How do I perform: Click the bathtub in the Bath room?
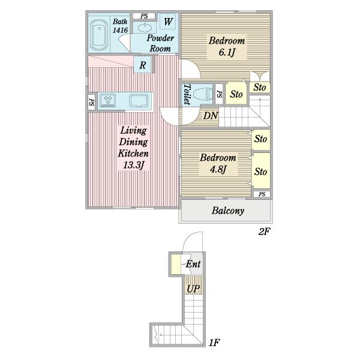pos(99,35)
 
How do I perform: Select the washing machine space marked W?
pos(168,22)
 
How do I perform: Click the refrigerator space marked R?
pos(142,65)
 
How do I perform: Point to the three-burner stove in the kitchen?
pos(108,100)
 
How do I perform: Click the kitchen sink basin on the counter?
pos(139,101)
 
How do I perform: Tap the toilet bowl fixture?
pos(203,94)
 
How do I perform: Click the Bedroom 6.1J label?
pos(227,46)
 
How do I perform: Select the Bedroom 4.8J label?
pos(218,163)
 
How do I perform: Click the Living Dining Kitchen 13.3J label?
pos(133,148)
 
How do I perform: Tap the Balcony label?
pos(228,211)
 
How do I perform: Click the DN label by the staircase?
pos(211,116)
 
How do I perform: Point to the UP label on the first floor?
pos(193,289)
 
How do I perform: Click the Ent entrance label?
pos(193,264)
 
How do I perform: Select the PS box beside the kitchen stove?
pos(92,102)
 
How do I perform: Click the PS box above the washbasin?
pos(144,16)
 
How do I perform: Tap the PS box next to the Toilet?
pos(219,94)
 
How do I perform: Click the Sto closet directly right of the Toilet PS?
pos(236,94)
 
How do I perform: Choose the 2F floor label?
pos(264,232)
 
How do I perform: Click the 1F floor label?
pos(214,343)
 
